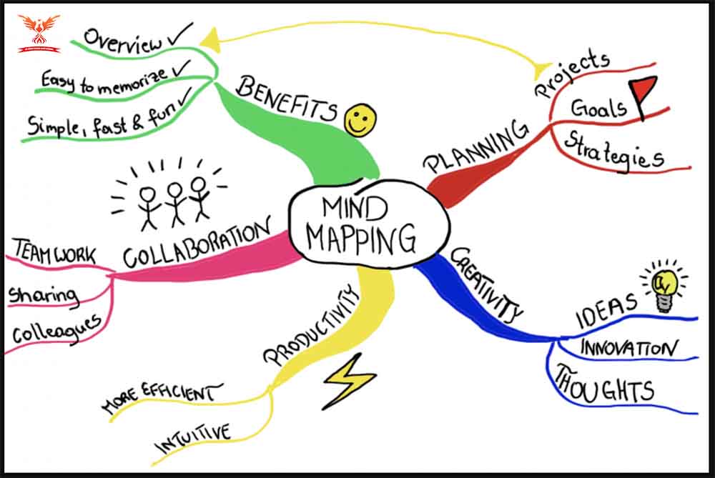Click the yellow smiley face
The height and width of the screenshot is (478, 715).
pos(360,120)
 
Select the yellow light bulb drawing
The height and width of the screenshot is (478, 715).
pos(665,287)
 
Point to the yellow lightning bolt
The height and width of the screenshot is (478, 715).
pos(348,382)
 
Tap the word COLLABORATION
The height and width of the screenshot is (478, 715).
pos(197,243)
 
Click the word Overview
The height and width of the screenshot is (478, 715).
pos(123,41)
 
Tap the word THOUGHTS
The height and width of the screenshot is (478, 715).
pos(605,385)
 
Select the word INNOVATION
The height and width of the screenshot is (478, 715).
pos(628,348)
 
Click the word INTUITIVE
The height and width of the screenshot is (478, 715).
pos(193,439)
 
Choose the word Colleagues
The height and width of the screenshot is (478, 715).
pos(56,329)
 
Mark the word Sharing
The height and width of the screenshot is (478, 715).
pos(44,296)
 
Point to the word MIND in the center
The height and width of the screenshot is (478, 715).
pos(355,208)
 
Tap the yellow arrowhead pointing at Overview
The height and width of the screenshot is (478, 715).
pos(211,40)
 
